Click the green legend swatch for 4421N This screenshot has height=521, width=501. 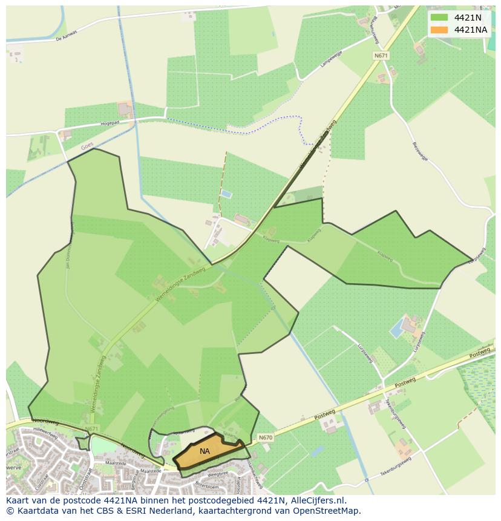(439, 18)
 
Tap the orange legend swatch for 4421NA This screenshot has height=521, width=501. (439, 30)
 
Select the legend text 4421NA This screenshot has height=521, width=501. (471, 30)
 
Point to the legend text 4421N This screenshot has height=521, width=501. (468, 18)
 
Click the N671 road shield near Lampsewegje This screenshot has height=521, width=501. (381, 55)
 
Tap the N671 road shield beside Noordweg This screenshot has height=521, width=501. (91, 429)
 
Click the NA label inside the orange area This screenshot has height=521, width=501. (205, 451)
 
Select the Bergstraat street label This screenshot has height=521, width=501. (132, 481)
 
